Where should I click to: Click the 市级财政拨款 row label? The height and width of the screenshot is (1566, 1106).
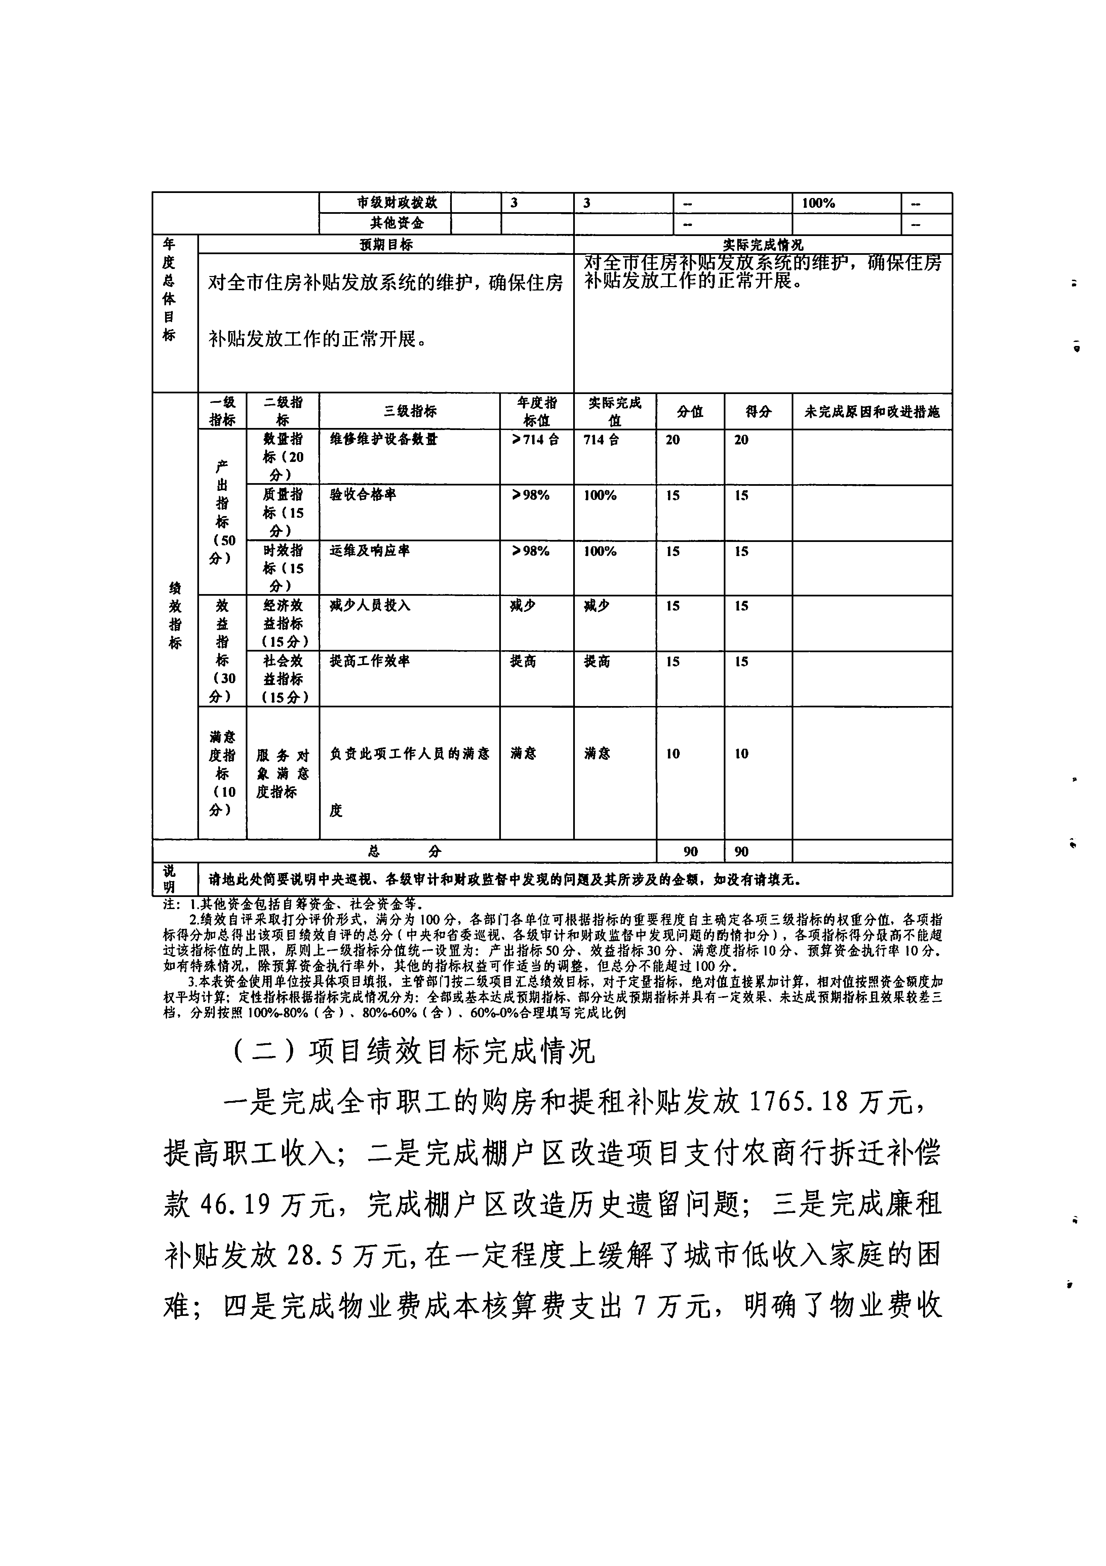pos(397,203)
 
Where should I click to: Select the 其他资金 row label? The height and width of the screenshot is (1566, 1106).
pos(397,223)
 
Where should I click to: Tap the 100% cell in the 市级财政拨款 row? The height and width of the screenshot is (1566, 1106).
pos(818,203)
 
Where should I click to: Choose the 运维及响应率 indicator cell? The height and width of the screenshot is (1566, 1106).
pos(369,550)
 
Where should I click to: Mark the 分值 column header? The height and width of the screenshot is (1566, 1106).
pos(690,411)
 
